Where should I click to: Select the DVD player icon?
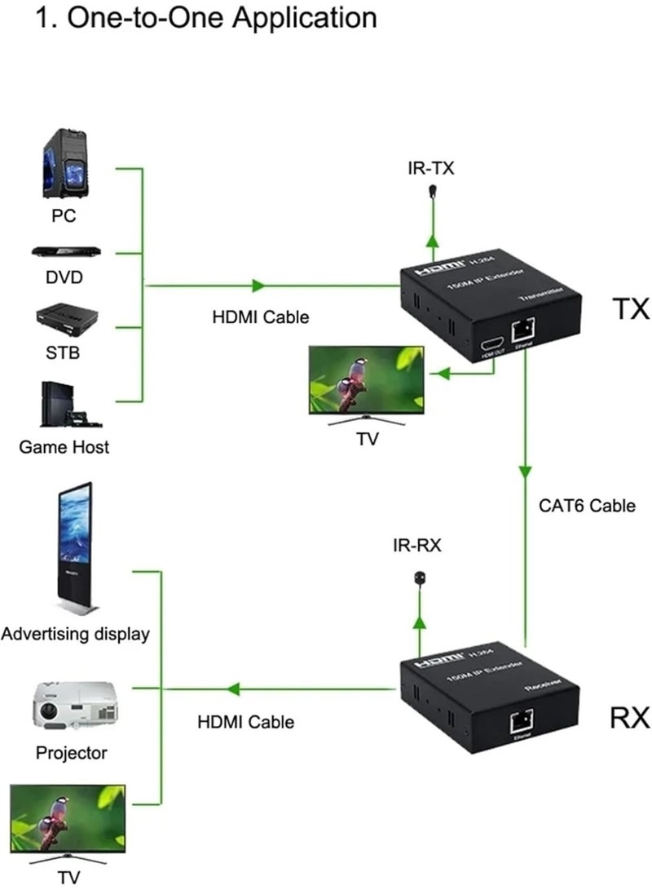point(65,252)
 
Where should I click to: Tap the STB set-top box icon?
point(66,318)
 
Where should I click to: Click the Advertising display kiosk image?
point(73,548)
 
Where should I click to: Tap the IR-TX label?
point(431,169)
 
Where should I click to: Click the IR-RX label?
point(418,546)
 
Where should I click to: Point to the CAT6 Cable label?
point(587,506)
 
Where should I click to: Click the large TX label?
point(630,309)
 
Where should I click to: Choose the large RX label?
point(630,718)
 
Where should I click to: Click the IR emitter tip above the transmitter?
point(432,193)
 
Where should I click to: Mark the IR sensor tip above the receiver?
point(419,578)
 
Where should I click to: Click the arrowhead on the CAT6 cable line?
point(526,472)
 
